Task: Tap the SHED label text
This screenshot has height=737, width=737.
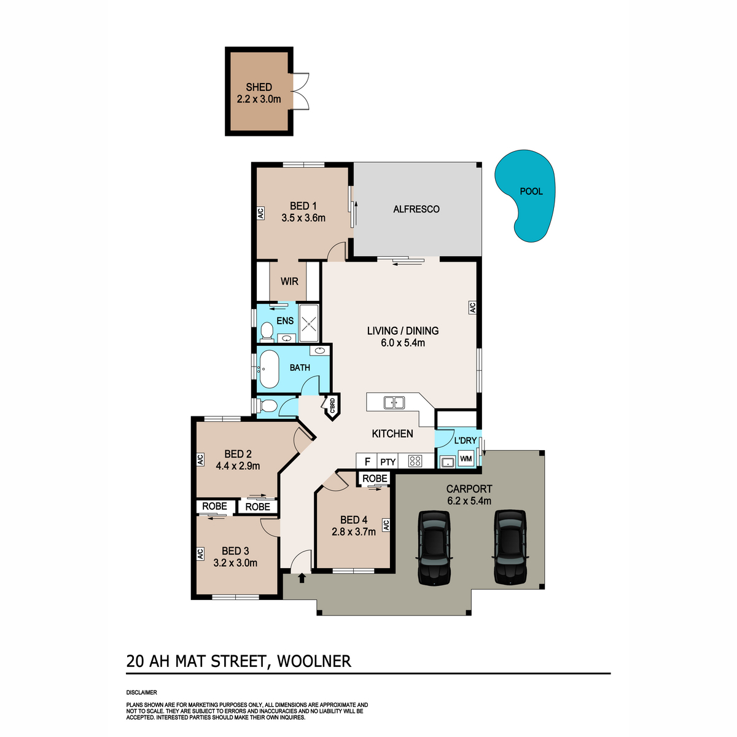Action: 259,87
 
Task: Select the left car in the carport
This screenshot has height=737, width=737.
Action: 434,547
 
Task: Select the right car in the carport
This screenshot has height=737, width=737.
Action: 510,547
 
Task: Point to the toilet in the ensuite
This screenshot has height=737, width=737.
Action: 267,332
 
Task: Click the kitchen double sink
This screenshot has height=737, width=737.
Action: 394,402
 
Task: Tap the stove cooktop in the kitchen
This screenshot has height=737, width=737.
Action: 415,461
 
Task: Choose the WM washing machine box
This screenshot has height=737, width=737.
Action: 466,458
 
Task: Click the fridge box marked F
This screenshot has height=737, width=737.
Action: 367,461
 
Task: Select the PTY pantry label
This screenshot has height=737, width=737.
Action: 388,462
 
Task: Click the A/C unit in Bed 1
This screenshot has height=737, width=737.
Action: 261,213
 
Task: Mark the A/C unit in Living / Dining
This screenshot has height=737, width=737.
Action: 472,307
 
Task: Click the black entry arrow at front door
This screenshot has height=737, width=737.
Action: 302,578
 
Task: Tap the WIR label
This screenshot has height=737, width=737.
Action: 289,281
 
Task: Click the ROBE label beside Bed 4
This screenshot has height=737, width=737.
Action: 375,478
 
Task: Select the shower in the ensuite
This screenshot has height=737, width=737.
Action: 309,323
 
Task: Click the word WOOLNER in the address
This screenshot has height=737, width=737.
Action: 314,661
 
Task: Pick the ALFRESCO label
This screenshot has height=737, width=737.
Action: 416,209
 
